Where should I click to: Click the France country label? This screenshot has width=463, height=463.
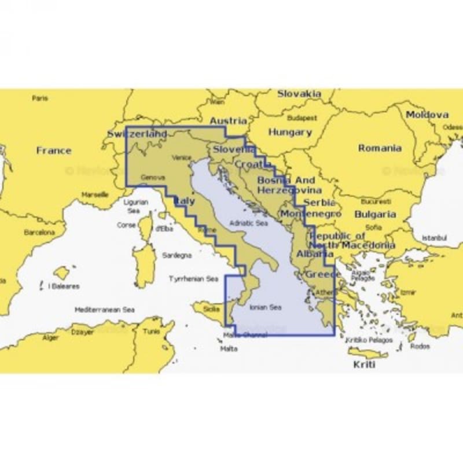coord(54,150)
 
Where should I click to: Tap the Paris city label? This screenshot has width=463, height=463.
coord(41,98)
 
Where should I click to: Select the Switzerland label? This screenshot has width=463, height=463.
coord(137,134)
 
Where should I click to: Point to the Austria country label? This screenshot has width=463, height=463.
coord(227,121)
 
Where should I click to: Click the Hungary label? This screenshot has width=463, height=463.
coord(290,133)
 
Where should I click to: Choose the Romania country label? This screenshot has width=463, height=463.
coord(380,148)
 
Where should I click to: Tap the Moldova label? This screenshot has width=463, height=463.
coord(427,115)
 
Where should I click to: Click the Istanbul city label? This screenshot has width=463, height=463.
coord(435,237)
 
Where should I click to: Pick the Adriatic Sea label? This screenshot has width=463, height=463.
coord(249,222)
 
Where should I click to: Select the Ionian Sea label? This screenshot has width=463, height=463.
coord(265,307)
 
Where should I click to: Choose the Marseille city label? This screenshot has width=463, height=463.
coord(95,194)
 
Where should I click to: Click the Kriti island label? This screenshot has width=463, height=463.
coord(365,365)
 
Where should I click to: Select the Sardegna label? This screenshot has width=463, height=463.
coord(177,255)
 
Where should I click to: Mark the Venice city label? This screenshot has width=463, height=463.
coord(181,157)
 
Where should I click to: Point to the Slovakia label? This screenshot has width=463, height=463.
coord(299,93)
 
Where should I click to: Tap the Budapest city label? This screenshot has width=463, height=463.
coord(302,117)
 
